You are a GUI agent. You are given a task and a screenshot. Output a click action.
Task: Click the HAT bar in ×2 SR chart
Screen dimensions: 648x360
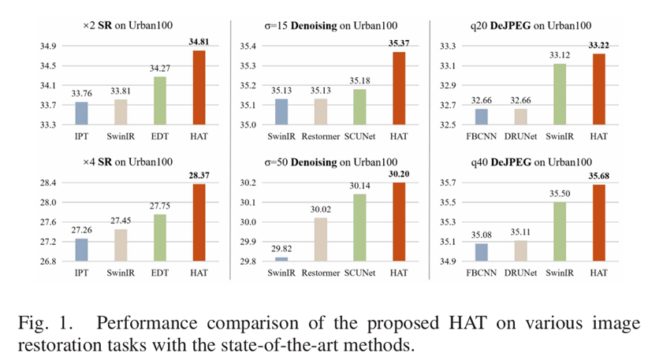[x=199, y=87]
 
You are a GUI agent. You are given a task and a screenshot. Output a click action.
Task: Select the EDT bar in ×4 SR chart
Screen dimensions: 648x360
[x=160, y=238]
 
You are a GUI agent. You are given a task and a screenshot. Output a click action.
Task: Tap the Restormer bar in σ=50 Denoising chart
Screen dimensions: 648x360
[x=321, y=239]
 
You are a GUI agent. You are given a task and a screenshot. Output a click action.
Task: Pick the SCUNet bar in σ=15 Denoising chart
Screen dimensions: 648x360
[x=360, y=107]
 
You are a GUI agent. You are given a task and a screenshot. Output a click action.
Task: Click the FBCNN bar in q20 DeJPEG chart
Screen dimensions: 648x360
[x=482, y=117]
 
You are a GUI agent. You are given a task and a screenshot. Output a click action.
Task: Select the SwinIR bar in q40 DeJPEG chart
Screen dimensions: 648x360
[x=560, y=232]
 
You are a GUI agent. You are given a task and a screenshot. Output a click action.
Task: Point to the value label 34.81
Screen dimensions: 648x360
[x=199, y=42]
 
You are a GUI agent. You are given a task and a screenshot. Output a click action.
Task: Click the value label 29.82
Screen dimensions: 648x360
[x=281, y=248]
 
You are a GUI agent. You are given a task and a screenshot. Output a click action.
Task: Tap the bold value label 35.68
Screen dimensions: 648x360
[x=599, y=176]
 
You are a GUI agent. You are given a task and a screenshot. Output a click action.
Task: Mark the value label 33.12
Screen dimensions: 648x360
[x=560, y=55]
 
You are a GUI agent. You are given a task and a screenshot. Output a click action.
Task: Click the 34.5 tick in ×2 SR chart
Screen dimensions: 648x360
[x=48, y=65]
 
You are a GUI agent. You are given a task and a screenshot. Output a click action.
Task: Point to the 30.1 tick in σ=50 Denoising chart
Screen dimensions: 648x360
[x=248, y=202]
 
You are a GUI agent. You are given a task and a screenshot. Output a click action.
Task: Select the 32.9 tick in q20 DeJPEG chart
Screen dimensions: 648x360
[x=448, y=85]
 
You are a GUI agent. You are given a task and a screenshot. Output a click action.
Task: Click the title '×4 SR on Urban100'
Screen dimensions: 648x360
[x=128, y=161]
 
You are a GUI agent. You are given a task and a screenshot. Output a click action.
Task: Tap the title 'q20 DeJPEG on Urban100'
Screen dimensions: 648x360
[x=531, y=25]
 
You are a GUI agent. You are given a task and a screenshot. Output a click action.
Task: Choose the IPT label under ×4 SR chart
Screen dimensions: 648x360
[x=81, y=273]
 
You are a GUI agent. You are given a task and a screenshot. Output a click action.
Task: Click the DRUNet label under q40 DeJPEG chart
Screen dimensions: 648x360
[x=521, y=273]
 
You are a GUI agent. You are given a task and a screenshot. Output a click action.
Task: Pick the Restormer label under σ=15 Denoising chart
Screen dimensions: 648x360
[x=321, y=136]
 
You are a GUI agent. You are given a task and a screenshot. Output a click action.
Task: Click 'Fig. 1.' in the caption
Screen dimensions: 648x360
[x=46, y=323]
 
